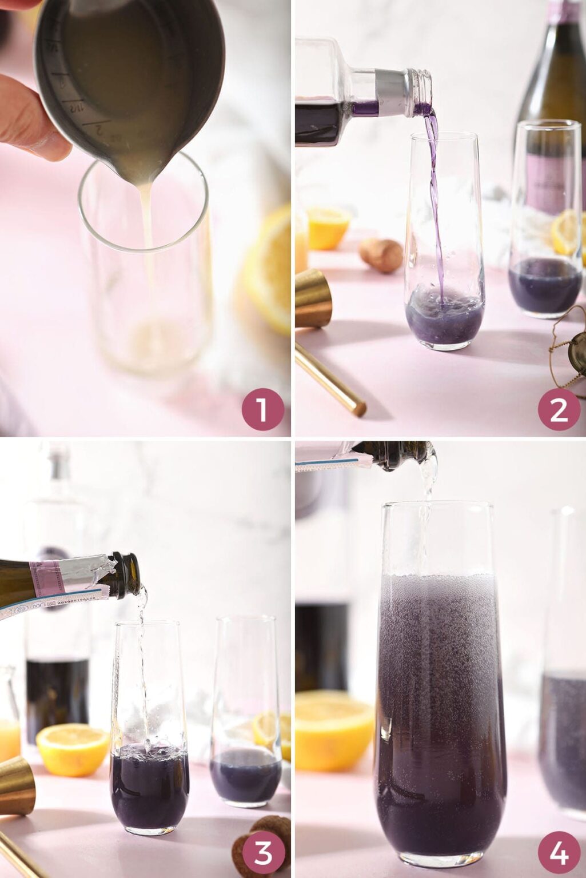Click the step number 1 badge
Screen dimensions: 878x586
[262, 409]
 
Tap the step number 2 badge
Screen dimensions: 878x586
[558, 409]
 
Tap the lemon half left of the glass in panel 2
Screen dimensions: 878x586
[328, 227]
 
